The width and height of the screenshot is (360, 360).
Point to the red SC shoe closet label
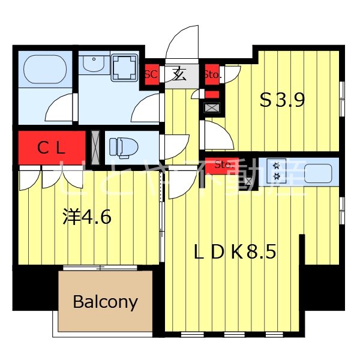tap(151, 75)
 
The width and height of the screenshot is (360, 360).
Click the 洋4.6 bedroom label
tap(88, 217)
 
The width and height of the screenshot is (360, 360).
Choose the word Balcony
tap(105, 301)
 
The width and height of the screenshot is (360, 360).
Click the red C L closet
tap(52, 148)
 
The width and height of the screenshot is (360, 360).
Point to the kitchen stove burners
tap(277, 170)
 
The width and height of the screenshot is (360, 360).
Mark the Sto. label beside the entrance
tap(212, 75)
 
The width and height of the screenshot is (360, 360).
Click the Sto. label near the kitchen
tap(223, 163)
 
